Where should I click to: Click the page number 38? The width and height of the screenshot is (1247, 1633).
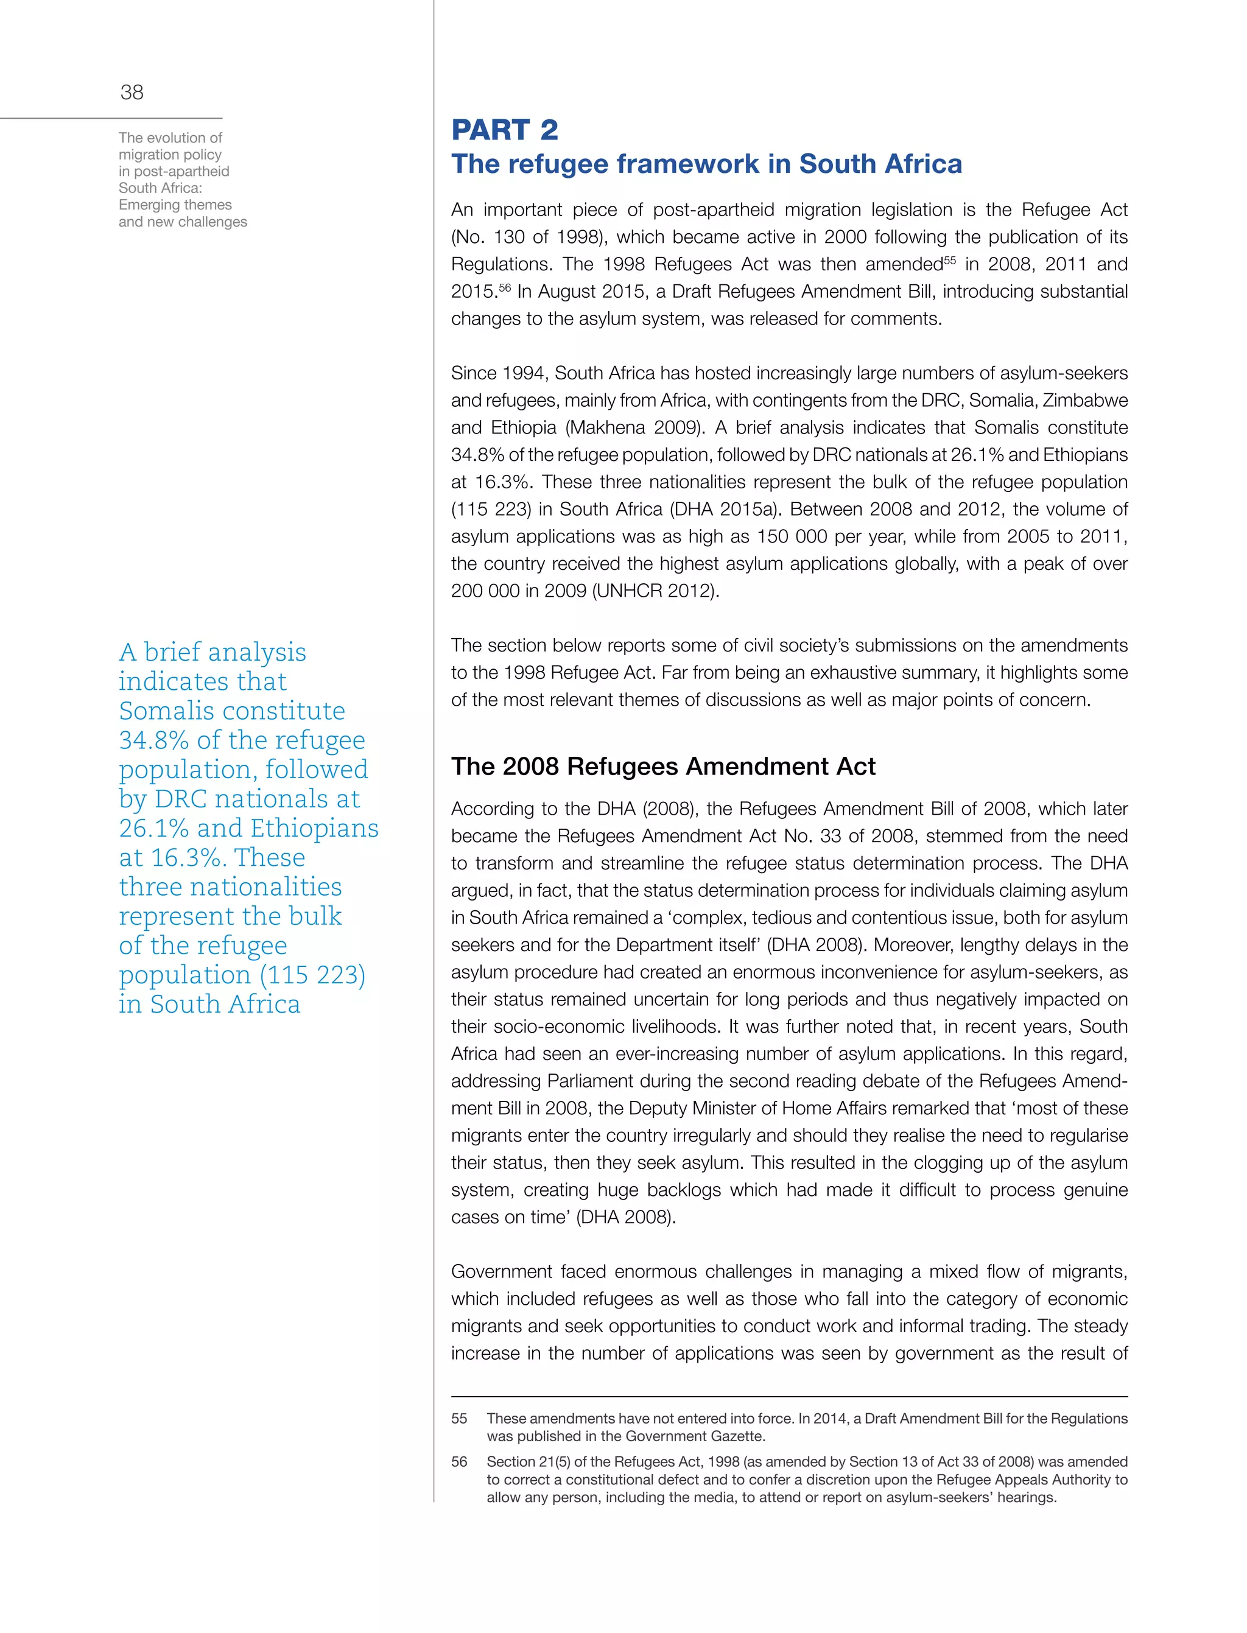[x=132, y=92]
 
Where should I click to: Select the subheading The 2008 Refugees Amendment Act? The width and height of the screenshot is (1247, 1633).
[x=663, y=766]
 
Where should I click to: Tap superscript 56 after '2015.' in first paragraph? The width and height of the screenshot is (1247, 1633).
[x=505, y=287]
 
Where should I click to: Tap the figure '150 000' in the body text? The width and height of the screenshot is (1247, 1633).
[x=789, y=536]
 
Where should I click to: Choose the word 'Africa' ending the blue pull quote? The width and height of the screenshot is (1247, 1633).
[x=264, y=1004]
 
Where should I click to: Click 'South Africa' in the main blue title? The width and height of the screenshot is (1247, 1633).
[x=880, y=164]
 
